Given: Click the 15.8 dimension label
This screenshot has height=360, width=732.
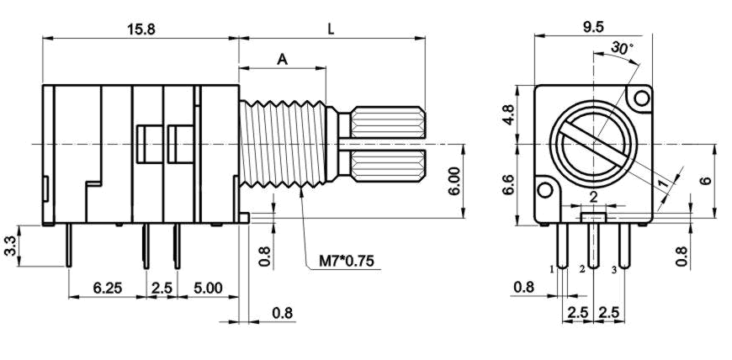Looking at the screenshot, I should tap(141, 28).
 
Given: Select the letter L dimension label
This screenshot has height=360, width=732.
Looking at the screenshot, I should tap(331, 28).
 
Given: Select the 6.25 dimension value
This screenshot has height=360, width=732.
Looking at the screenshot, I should tap(108, 288).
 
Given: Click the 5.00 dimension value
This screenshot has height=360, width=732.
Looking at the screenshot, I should tap(208, 288).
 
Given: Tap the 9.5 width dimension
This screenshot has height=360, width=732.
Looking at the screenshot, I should tap(592, 27).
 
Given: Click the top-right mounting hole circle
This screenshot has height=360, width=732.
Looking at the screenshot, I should tap(642, 98).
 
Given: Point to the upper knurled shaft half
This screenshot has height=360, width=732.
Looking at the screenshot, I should tap(388, 122).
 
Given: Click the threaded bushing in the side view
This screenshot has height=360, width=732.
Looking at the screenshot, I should tap(282, 143).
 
